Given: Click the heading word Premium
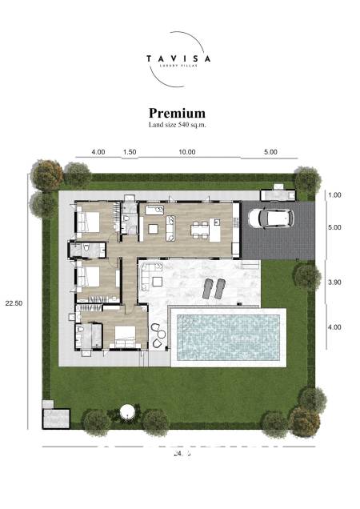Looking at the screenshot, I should [177, 114].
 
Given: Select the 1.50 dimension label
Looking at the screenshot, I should [129, 151].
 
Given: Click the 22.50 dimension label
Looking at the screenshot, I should [13, 303].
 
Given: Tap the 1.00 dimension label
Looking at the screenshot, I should [334, 195].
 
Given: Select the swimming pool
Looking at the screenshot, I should [228, 336].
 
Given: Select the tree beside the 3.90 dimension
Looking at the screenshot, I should [306, 276].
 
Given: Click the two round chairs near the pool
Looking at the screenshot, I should [158, 336].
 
